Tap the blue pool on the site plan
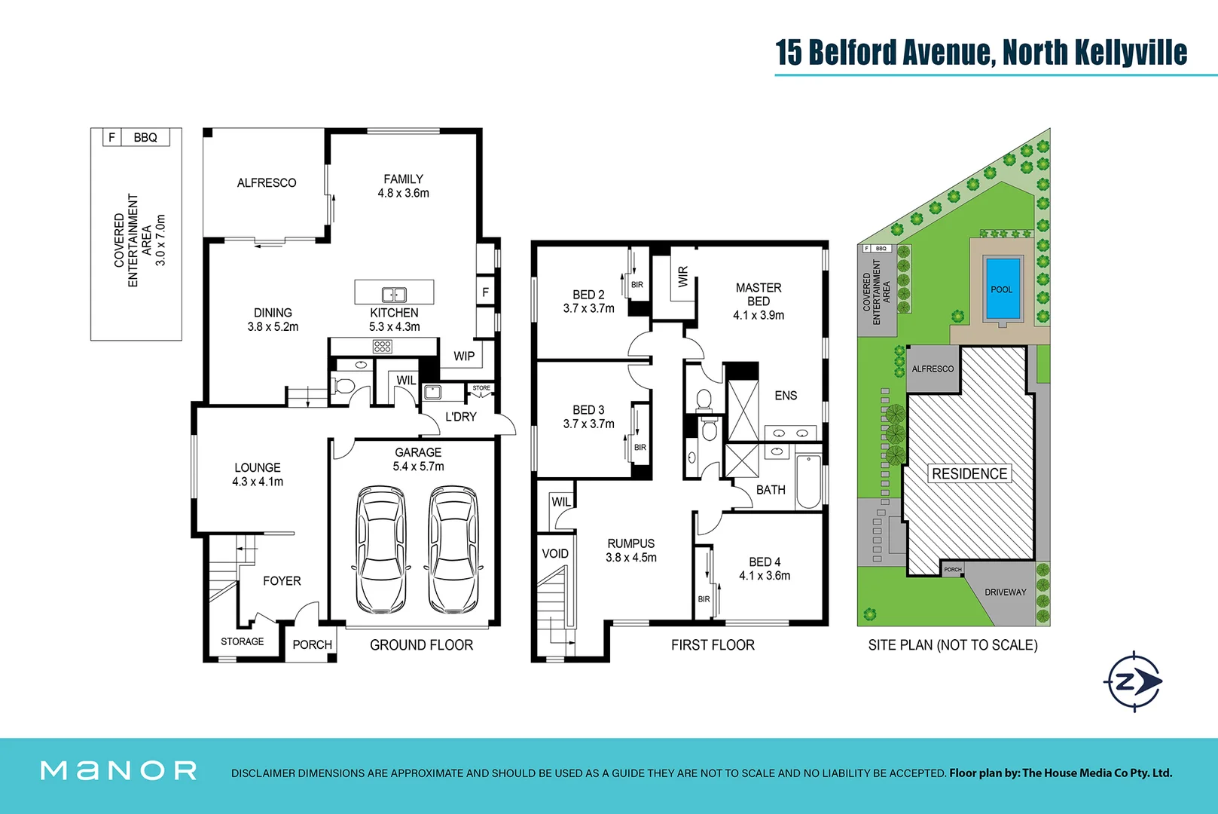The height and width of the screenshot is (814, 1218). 1002,289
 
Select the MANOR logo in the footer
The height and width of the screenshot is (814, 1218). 119,770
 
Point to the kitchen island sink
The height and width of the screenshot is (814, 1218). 394,295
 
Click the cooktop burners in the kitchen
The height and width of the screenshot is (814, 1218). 383,346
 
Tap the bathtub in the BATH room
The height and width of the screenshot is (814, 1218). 808,482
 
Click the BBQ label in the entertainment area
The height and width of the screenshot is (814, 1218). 145,137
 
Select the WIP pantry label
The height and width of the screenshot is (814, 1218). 464,356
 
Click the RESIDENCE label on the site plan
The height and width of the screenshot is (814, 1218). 969,473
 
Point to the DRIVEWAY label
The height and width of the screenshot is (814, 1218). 1006,592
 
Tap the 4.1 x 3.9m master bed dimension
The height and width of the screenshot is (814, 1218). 759,315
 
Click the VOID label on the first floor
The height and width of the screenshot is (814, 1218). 555,553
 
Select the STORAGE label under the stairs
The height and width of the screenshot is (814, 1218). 242,641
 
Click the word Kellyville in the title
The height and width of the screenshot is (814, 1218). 1131,52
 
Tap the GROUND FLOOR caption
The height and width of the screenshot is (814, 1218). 421,645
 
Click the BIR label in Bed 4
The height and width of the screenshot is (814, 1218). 704,599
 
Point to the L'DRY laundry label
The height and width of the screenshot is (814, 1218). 460,417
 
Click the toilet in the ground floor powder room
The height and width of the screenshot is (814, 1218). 344,386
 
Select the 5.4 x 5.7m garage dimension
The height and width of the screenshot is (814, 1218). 418,467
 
